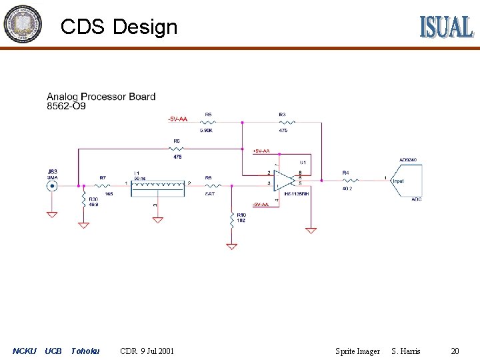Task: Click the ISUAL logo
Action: [446, 26]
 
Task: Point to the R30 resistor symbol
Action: [83, 201]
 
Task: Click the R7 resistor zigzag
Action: [104, 184]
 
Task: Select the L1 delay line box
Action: [157, 187]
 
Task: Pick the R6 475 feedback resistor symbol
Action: [177, 149]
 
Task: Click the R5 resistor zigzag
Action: [208, 122]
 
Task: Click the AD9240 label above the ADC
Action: [407, 160]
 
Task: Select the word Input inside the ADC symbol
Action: [398, 181]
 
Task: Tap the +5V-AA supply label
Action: [261, 151]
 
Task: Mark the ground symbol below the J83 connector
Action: [51, 215]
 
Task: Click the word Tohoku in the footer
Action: [85, 351]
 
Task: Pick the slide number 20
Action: [455, 351]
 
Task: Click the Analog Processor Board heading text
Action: [101, 97]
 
